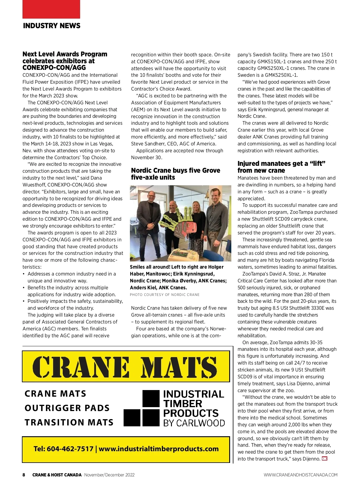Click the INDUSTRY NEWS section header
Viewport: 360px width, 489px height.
pyautogui.click(x=52, y=26)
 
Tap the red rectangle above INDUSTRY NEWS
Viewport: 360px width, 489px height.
pyautogui.click(x=51, y=9)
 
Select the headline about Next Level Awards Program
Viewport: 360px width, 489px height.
pyautogui.click(x=65, y=61)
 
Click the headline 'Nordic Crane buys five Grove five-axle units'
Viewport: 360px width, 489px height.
pyautogui.click(x=175, y=174)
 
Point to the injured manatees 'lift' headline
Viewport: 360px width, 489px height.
pyautogui.click(x=281, y=167)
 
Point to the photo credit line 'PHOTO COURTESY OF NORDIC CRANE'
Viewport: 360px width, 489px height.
pyautogui.click(x=164, y=295)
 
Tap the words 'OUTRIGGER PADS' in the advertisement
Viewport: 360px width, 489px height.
pyautogui.click(x=67, y=408)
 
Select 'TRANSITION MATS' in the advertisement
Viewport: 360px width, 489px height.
pyautogui.click(x=69, y=422)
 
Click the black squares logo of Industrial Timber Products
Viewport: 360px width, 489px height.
pyautogui.click(x=142, y=408)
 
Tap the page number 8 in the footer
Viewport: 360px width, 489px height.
pyautogui.click(x=24, y=475)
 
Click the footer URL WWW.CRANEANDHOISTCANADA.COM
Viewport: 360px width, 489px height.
pyautogui.click(x=301, y=475)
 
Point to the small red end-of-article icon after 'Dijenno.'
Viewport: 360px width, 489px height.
pyautogui.click(x=324, y=459)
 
